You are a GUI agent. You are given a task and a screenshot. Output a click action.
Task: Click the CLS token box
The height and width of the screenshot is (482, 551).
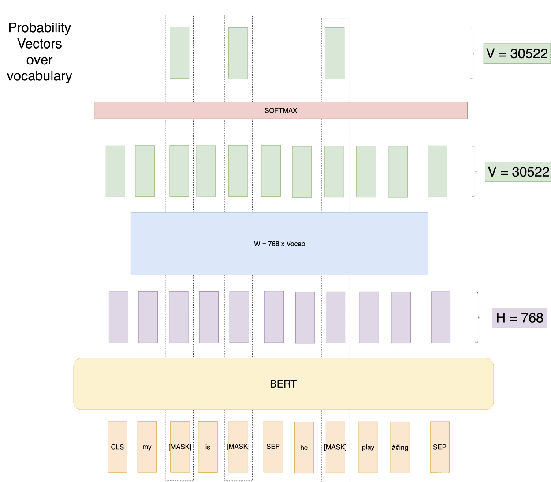tap(117, 447)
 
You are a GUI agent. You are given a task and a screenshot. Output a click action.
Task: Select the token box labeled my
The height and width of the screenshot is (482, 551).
tap(147, 447)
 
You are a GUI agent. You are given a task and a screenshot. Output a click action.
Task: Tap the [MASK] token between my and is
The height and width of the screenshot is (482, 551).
tap(180, 447)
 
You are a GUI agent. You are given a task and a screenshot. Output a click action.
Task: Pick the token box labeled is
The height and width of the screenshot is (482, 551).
tap(208, 447)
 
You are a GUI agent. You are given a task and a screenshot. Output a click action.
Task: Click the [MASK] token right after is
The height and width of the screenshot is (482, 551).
tap(238, 447)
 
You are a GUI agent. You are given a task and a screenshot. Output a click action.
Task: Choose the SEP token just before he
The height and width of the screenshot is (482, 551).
tap(273, 446)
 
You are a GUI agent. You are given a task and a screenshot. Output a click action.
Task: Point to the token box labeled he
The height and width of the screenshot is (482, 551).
tap(304, 447)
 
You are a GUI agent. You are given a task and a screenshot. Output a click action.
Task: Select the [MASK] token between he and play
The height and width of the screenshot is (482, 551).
tap(335, 447)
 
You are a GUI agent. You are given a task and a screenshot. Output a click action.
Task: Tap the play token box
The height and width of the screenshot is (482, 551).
tap(368, 447)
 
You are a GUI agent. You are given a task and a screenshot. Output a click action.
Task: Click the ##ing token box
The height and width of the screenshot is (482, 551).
tap(400, 447)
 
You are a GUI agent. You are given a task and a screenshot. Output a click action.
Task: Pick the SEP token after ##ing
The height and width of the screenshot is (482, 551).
tap(439, 447)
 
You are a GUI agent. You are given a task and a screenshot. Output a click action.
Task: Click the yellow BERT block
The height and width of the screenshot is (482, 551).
tap(283, 384)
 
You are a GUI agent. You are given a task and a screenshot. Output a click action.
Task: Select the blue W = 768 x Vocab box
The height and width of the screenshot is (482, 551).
tap(279, 244)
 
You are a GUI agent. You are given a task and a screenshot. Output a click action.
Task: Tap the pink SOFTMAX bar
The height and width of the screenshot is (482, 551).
tap(281, 110)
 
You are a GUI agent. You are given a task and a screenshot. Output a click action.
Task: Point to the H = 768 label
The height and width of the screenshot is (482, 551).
tap(519, 318)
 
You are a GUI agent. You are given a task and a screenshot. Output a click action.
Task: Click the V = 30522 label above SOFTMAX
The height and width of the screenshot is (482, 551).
tap(517, 54)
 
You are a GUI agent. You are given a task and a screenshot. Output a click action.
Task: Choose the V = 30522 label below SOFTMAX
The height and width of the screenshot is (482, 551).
tap(518, 172)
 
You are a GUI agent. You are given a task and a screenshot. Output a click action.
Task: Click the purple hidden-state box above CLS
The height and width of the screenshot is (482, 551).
tap(119, 317)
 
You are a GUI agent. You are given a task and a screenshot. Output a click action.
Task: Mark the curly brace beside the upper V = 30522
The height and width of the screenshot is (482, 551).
tap(473, 53)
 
